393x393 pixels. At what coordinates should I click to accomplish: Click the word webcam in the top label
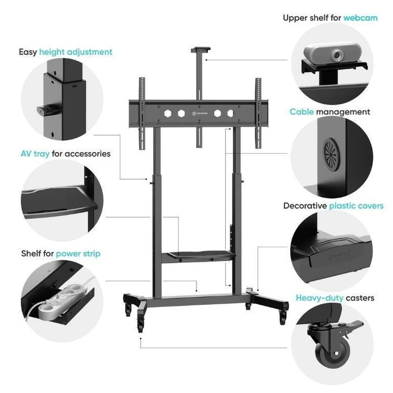[x=360, y=18]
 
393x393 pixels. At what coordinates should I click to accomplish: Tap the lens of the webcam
[x=337, y=54]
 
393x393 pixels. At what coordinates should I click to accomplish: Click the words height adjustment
[x=76, y=52]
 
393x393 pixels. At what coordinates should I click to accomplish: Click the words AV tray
[x=35, y=154]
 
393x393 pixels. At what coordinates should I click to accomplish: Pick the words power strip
[x=78, y=254]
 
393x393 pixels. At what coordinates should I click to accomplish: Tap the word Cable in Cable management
[x=301, y=112]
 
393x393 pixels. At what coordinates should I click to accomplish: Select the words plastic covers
[x=356, y=206]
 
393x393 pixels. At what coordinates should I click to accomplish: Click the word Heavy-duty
[x=319, y=298]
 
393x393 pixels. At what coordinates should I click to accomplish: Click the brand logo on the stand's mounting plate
[x=200, y=113]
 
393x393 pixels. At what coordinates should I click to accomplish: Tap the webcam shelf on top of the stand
[x=200, y=49]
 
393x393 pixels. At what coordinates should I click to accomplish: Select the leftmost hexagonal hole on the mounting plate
[x=168, y=113]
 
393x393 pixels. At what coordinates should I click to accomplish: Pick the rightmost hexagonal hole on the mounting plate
[x=230, y=113]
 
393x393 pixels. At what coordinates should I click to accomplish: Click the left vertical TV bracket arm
[x=142, y=113]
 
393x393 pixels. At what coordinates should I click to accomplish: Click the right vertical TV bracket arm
[x=258, y=113]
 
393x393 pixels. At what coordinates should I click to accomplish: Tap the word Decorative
[x=305, y=206]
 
